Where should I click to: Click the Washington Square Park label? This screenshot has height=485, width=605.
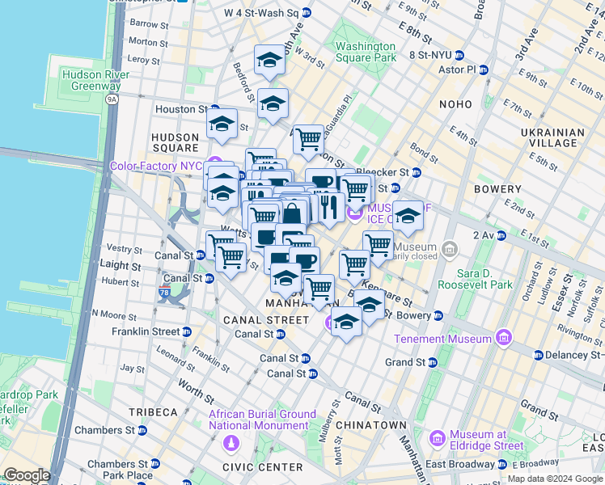(366, 52)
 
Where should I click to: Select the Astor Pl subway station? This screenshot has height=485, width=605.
(483, 70)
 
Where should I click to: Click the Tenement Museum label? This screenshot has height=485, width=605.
(443, 338)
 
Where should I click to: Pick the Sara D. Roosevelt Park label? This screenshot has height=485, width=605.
(475, 278)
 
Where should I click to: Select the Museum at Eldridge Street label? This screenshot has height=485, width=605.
(487, 440)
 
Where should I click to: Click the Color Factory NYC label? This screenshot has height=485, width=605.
(157, 166)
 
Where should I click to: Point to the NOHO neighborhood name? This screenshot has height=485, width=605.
(455, 104)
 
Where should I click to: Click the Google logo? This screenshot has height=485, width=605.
(27, 474)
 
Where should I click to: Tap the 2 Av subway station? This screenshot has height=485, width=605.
(501, 236)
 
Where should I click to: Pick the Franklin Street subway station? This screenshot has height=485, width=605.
(187, 331)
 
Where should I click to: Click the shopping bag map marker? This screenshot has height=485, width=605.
(292, 213)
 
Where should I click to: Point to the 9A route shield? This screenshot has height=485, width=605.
(112, 99)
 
